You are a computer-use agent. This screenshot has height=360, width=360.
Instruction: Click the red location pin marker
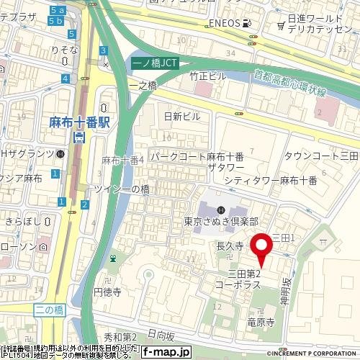click(x=261, y=248)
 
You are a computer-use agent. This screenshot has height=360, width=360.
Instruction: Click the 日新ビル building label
click(x=182, y=116)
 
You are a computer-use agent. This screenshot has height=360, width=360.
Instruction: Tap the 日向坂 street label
click(x=160, y=336)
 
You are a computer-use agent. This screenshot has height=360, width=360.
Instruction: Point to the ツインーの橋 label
click(x=122, y=189)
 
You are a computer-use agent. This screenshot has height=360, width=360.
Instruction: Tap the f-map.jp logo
click(x=166, y=352)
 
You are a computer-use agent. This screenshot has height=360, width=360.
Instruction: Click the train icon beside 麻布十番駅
click(x=79, y=136)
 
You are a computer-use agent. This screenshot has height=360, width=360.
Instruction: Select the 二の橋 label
click(x=50, y=308)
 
